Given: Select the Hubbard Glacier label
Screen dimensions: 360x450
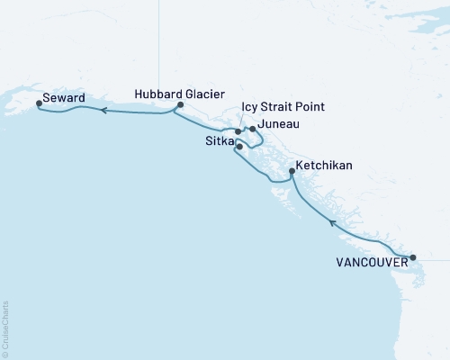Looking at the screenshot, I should (x=179, y=94).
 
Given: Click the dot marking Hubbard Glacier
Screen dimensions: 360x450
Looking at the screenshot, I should (x=180, y=105).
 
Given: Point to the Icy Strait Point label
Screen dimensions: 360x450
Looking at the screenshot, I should (x=283, y=108).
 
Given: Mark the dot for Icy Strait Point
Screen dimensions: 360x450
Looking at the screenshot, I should (x=238, y=132).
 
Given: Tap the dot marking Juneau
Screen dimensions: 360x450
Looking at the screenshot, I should (x=253, y=130).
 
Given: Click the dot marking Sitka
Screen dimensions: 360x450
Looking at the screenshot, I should (x=239, y=146).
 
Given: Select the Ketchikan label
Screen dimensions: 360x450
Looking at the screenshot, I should (x=325, y=166).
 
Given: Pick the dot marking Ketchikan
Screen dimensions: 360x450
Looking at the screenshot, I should (x=291, y=171).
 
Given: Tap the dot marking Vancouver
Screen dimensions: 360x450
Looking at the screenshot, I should (x=413, y=258).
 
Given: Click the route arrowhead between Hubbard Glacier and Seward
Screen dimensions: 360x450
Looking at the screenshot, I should (x=103, y=111).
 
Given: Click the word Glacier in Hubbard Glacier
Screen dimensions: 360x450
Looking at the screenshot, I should (x=203, y=94).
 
